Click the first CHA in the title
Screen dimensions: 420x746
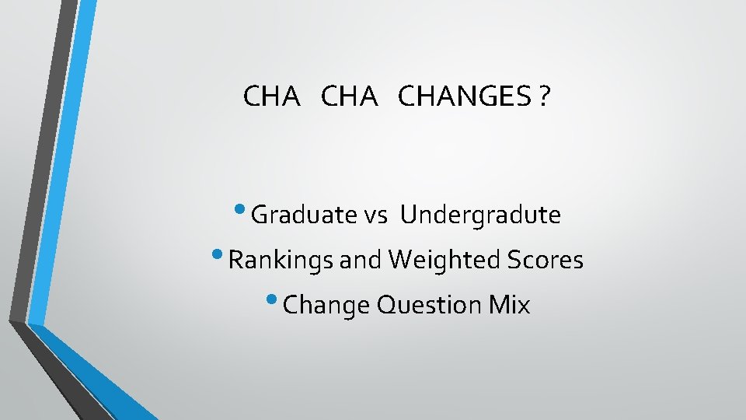tap(270, 97)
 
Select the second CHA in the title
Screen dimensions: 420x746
tap(348, 97)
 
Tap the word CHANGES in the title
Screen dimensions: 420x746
tap(464, 97)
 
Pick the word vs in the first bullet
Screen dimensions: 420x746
tap(376, 215)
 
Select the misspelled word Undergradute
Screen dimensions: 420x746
tap(480, 215)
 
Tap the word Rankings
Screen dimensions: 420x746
tap(281, 260)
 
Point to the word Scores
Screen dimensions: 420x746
tap(543, 260)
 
